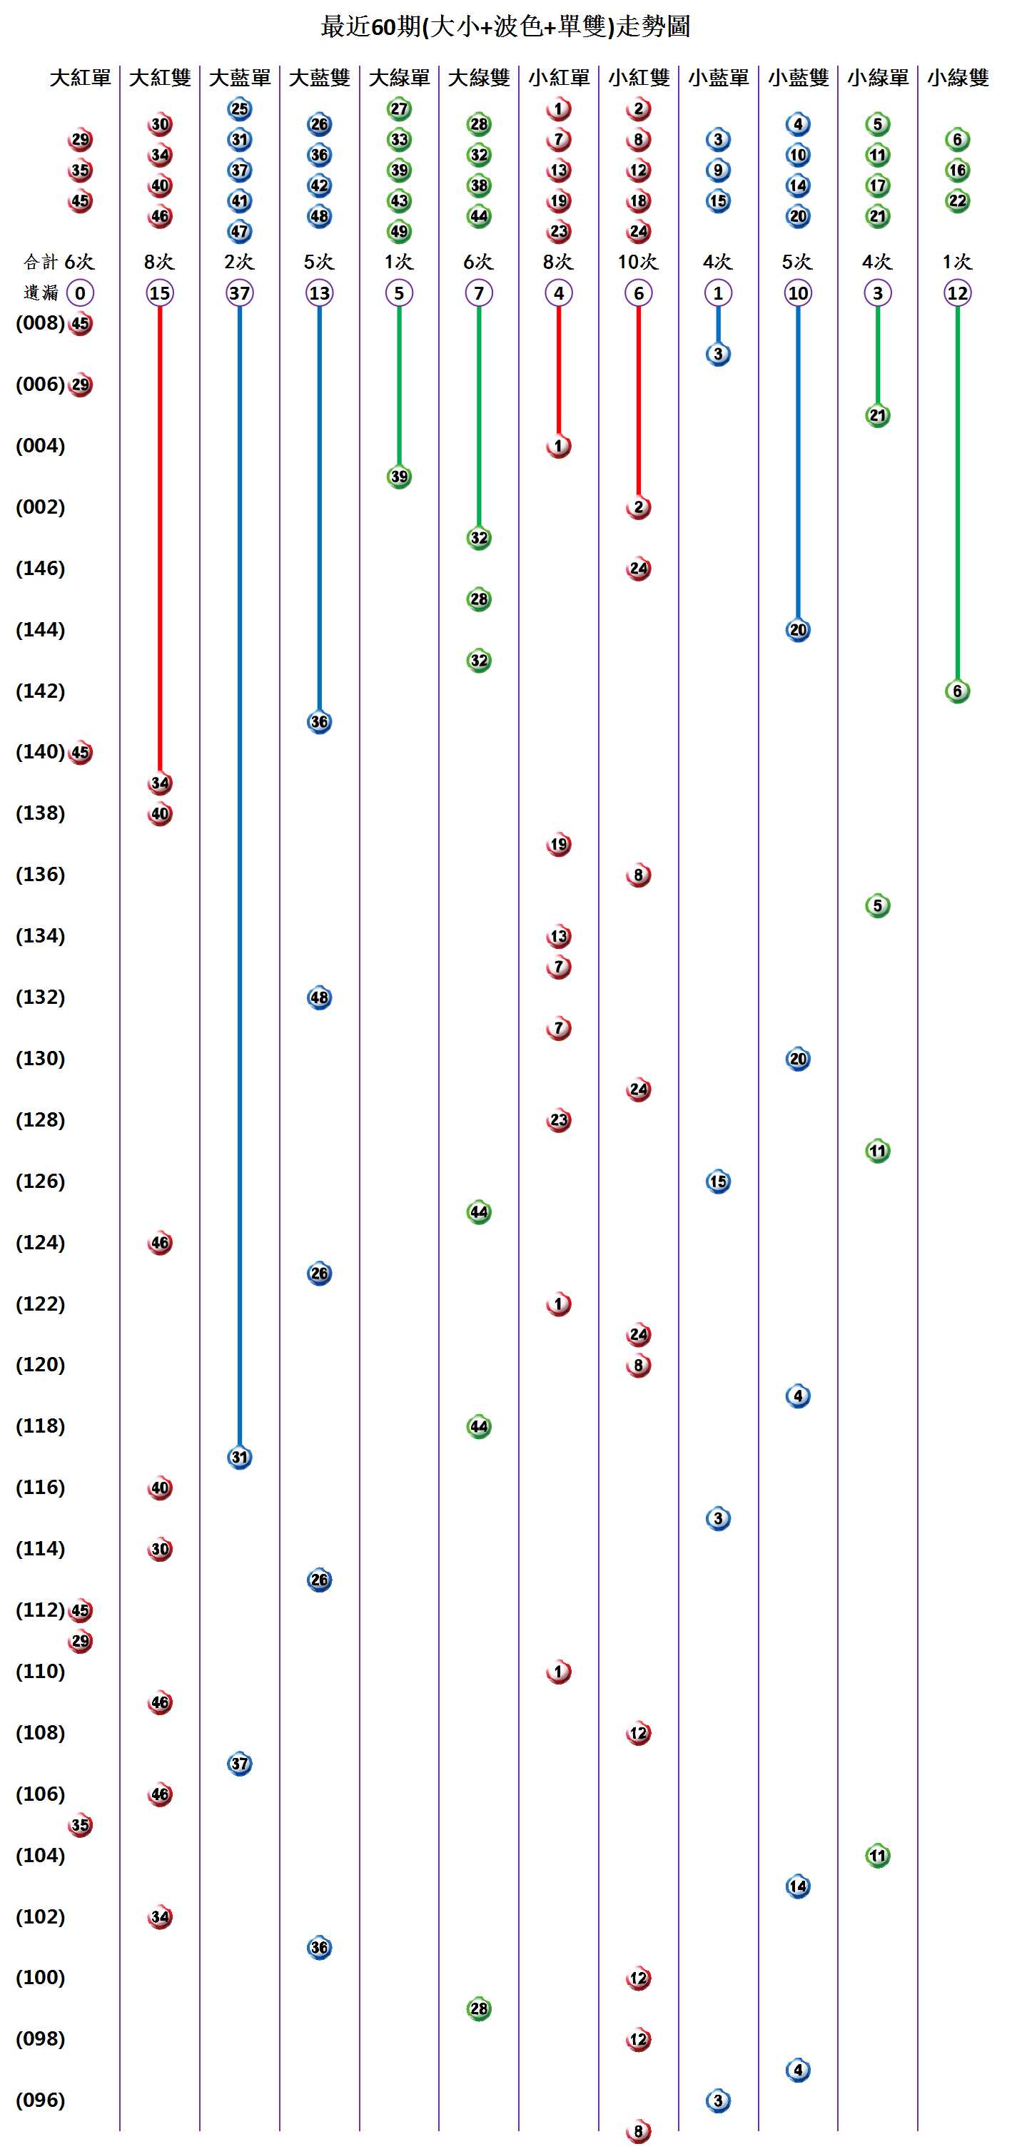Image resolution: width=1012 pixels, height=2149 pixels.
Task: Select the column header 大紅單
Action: [x=80, y=78]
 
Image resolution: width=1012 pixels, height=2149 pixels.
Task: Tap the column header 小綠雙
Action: [x=957, y=78]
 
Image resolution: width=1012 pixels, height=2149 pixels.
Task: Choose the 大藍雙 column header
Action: [x=319, y=78]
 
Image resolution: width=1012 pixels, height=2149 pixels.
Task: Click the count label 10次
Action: [x=637, y=262]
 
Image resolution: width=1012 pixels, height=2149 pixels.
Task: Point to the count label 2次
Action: [x=240, y=262]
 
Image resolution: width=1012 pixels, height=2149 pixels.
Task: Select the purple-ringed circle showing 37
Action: [x=240, y=293]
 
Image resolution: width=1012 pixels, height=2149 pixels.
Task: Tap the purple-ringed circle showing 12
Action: [x=957, y=293]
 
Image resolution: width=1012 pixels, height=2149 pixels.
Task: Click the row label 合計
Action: [x=41, y=262]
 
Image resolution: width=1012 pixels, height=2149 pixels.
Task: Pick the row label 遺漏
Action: [x=41, y=293]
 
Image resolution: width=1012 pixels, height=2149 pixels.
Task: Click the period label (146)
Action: [x=40, y=568]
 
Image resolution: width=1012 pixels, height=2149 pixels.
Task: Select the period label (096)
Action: [x=40, y=2100]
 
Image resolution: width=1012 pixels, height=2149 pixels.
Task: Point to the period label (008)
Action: [x=40, y=323]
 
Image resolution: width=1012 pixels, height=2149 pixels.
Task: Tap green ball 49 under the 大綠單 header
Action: [x=399, y=231]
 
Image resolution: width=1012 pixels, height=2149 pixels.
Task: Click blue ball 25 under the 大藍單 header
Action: [x=240, y=108]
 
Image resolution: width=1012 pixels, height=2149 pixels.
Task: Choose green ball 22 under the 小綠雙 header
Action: [x=957, y=201]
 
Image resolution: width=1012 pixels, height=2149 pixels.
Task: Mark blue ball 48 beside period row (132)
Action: [x=319, y=997]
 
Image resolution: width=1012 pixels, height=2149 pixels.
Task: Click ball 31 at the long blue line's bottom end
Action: [x=240, y=1457]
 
